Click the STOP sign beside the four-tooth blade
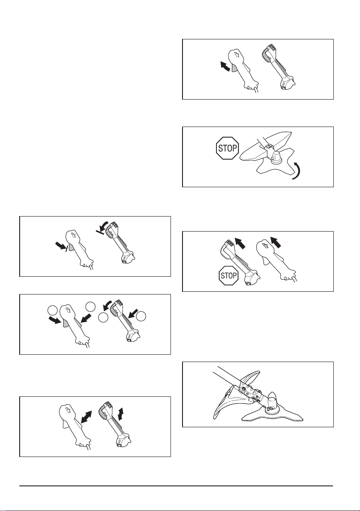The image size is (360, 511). tap(227, 148)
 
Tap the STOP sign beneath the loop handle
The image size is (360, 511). tap(228, 275)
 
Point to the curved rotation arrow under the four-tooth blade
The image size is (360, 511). tap(297, 171)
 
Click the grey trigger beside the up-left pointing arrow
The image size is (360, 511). tap(234, 68)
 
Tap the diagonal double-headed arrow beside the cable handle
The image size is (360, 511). tap(86, 417)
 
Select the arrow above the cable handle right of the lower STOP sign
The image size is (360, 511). tap(275, 242)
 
